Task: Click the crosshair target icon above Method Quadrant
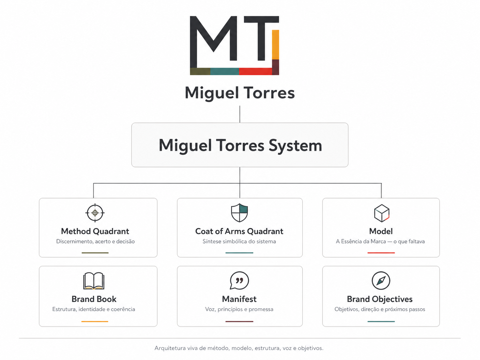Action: pos(95,213)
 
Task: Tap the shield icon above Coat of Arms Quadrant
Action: pos(239,213)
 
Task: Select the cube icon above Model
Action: pos(382,213)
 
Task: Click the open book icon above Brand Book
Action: pos(94,281)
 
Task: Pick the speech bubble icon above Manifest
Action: pos(239,280)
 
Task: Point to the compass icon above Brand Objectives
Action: pos(381,280)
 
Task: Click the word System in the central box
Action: pos(295,146)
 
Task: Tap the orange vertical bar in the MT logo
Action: pos(275,45)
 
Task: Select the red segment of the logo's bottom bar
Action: pos(256,72)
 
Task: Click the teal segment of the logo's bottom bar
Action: pos(224,72)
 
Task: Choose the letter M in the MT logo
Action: pos(213,42)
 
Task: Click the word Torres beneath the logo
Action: pos(269,93)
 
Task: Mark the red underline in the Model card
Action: pos(381,253)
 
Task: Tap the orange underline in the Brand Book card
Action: pos(95,322)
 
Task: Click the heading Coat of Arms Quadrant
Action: pos(239,231)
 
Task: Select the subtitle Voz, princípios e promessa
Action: pos(239,309)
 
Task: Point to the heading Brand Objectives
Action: pos(380,299)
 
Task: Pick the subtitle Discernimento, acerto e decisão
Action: pos(95,242)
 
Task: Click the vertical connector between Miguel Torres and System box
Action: pos(240,114)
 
